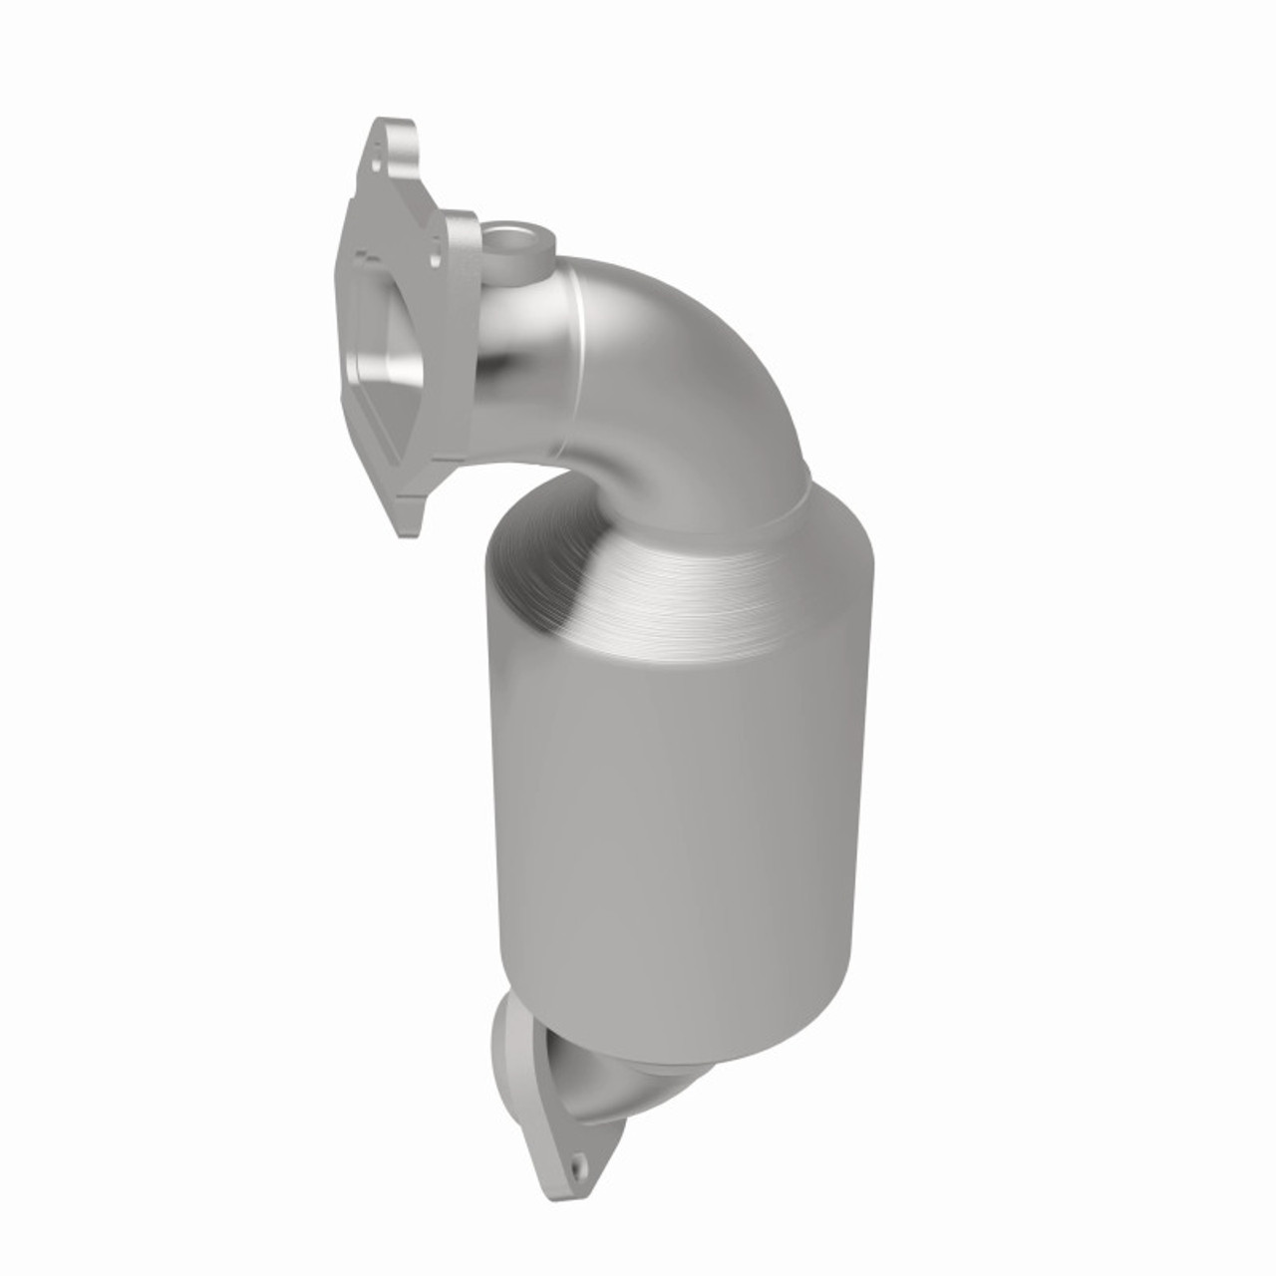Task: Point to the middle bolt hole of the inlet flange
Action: tap(437, 256)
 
